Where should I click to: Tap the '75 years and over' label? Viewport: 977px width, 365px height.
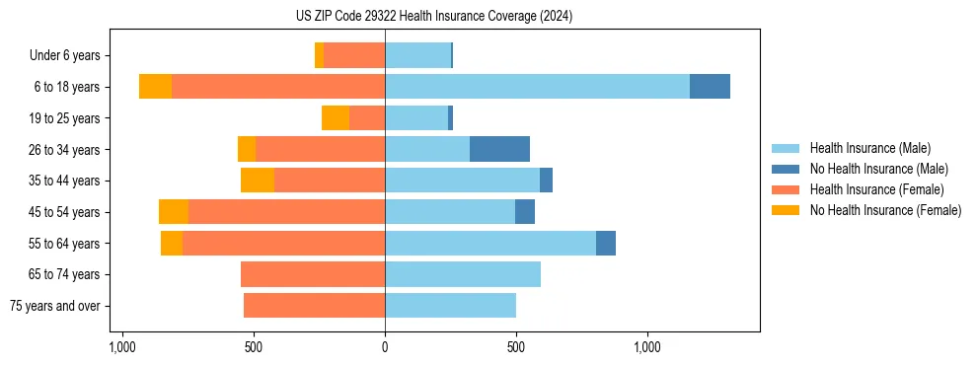point(55,306)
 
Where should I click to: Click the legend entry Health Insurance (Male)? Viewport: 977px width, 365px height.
point(869,148)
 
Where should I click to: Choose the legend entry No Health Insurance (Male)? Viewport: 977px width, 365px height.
point(878,169)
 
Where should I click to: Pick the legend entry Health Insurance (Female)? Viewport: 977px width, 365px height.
point(876,189)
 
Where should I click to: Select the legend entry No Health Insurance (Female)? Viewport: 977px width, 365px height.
point(885,210)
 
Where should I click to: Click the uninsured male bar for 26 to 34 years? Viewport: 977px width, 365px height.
point(499,149)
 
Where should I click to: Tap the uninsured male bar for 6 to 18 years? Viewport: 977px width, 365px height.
point(710,87)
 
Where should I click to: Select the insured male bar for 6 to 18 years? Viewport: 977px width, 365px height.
point(537,87)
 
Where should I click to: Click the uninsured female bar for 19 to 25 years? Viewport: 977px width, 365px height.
point(336,118)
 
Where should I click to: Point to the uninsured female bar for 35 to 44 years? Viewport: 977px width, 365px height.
point(258,181)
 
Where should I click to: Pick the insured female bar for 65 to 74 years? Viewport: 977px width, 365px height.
point(313,274)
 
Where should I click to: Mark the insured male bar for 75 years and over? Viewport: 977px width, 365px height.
point(450,306)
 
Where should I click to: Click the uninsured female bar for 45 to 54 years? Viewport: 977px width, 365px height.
point(174,212)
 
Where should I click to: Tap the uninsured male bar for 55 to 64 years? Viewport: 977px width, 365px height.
point(606,243)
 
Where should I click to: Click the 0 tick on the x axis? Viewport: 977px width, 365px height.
point(385,347)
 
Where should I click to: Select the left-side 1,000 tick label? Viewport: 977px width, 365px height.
point(122,347)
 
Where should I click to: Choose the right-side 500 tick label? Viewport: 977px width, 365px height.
point(516,347)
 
